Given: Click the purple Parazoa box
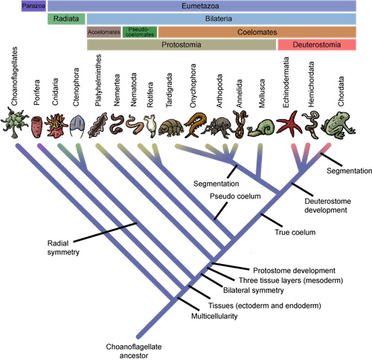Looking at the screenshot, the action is click(x=33, y=6).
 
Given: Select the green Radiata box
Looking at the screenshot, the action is click(x=66, y=19).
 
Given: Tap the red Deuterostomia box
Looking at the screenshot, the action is click(x=317, y=45).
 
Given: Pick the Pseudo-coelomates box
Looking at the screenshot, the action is click(x=140, y=32).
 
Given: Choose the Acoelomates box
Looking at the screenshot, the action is click(x=104, y=32).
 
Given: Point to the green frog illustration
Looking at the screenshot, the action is click(x=339, y=124).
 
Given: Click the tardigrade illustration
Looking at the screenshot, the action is click(x=171, y=128).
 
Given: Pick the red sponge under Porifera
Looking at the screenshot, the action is click(x=37, y=127).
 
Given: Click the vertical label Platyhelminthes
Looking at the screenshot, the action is click(x=98, y=80).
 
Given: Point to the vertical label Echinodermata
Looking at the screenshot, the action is click(x=286, y=82).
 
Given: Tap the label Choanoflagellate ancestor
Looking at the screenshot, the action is click(x=134, y=351).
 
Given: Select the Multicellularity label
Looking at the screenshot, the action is click(x=214, y=316).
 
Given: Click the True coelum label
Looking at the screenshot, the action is click(x=295, y=232).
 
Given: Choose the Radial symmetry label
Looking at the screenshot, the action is click(x=63, y=248).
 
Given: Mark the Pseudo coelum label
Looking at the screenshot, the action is click(x=235, y=196).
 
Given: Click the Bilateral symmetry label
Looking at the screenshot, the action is click(x=254, y=290).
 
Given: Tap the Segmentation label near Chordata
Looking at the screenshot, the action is click(x=349, y=171).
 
